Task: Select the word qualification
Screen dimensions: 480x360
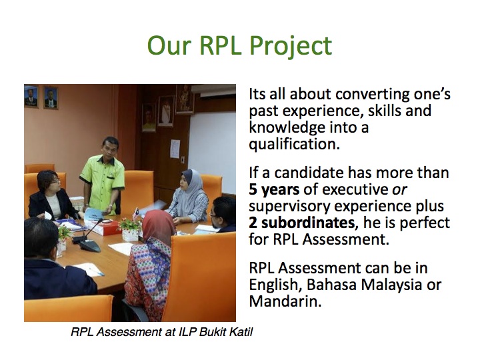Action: pyautogui.click(x=294, y=144)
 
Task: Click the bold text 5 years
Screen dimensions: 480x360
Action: pyautogui.click(x=274, y=190)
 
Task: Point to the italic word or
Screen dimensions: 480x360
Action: pyautogui.click(x=400, y=190)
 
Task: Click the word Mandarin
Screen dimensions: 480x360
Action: pyautogui.click(x=285, y=301)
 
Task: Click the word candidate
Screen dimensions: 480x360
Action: pyautogui.click(x=309, y=173)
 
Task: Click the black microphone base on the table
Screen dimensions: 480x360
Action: pyautogui.click(x=90, y=245)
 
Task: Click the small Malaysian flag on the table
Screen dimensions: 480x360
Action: pyautogui.click(x=135, y=213)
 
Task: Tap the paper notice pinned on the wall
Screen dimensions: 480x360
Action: pyautogui.click(x=175, y=149)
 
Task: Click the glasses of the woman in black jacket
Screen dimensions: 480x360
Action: pyautogui.click(x=54, y=181)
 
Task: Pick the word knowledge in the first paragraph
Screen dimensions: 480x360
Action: pyautogui.click(x=287, y=127)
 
